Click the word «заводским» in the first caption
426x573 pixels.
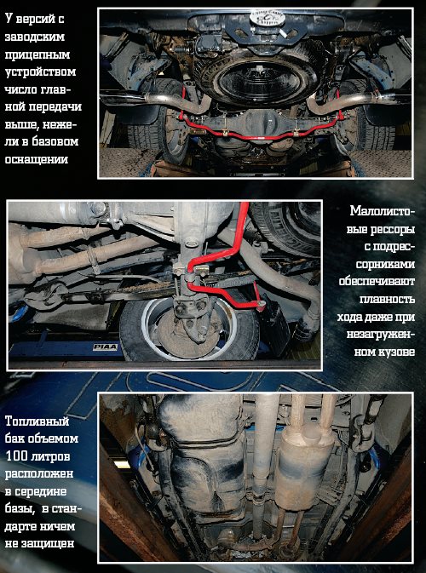coord(35,37)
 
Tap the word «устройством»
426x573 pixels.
coord(41,72)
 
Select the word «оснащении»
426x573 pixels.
coord(37,159)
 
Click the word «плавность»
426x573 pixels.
coord(388,300)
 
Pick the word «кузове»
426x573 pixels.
coord(395,352)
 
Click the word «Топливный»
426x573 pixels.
coord(37,421)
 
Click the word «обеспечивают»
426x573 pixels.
coord(377,282)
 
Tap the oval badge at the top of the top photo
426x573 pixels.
coord(266,19)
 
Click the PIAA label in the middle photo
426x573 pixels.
coord(105,347)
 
